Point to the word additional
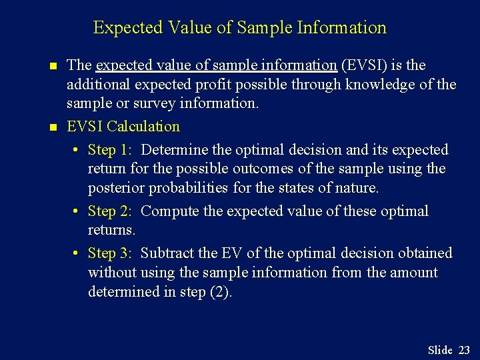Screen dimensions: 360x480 (x=99, y=85)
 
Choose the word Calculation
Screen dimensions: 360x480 (x=143, y=126)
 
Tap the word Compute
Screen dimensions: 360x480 (x=169, y=211)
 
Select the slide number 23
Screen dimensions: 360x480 (x=464, y=350)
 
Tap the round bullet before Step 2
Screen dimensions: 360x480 (x=77, y=212)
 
